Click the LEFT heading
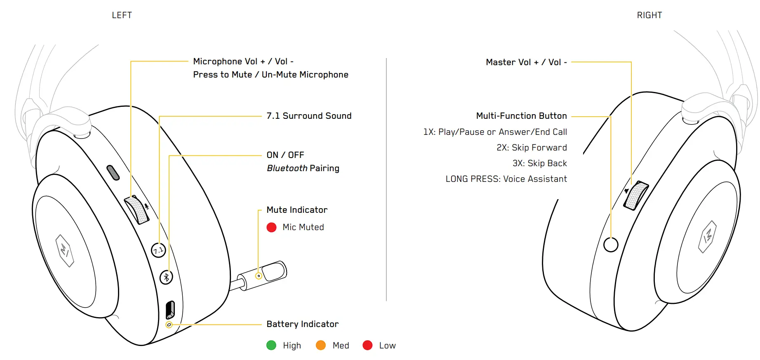tap(122, 15)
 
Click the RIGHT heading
tap(649, 15)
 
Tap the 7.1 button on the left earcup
tap(158, 250)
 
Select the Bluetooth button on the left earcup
tap(166, 277)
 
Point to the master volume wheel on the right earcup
tap(636, 195)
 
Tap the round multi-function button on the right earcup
tap(611, 245)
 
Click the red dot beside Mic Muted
tap(271, 227)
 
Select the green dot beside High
tap(271, 345)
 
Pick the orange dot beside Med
tap(320, 345)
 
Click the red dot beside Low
tap(367, 345)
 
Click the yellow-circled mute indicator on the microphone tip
tap(259, 276)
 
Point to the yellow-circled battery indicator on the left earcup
tap(169, 325)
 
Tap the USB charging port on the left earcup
tap(170, 309)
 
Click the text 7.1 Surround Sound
tap(309, 116)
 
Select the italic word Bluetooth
tap(287, 168)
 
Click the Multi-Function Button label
tap(521, 116)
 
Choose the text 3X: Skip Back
tap(539, 163)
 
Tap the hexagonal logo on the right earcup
tap(707, 237)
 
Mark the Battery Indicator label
tap(302, 324)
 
